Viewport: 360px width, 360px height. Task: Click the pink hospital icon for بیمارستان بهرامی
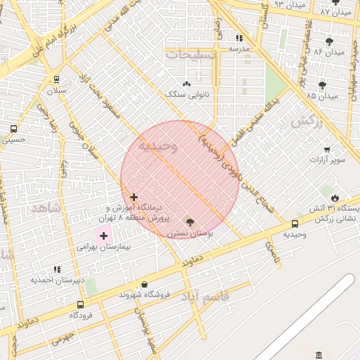coord(103,235)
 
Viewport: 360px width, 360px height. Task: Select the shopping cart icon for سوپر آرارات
coord(327,149)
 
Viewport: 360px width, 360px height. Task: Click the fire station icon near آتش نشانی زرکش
coord(334,198)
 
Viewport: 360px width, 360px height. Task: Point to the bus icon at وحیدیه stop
coord(295,224)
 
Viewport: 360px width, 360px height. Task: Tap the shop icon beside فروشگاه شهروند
coord(144,284)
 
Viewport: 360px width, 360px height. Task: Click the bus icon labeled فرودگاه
coord(80,304)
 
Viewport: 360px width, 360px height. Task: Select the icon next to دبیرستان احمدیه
coord(57,269)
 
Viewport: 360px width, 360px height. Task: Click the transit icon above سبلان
coord(56,79)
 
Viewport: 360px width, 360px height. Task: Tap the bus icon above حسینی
coord(13,129)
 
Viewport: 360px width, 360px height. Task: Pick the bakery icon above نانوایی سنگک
coord(187,84)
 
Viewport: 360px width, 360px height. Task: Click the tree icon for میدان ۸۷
coord(335,2)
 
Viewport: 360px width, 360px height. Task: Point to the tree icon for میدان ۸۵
coord(323,85)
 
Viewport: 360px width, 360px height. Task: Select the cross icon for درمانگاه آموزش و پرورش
coord(134,197)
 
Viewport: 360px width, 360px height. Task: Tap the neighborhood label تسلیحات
coord(191,53)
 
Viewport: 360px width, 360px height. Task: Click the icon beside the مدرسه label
coord(239,39)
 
